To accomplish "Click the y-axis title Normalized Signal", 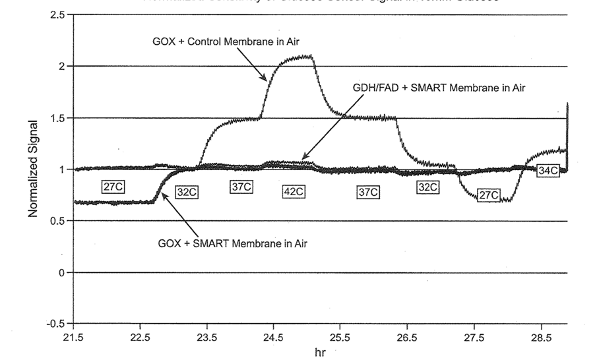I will (33, 168).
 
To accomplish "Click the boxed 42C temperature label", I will (294, 192).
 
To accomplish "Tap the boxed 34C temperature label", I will (546, 171).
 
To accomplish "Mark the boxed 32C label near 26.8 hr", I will (427, 187).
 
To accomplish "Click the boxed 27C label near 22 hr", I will (113, 187).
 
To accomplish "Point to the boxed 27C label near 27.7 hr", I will (489, 195).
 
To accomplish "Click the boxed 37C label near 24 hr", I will (241, 187).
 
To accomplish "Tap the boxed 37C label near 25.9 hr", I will (367, 192).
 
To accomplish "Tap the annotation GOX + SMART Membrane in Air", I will (233, 243).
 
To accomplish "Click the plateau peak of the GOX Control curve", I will (297, 57).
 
